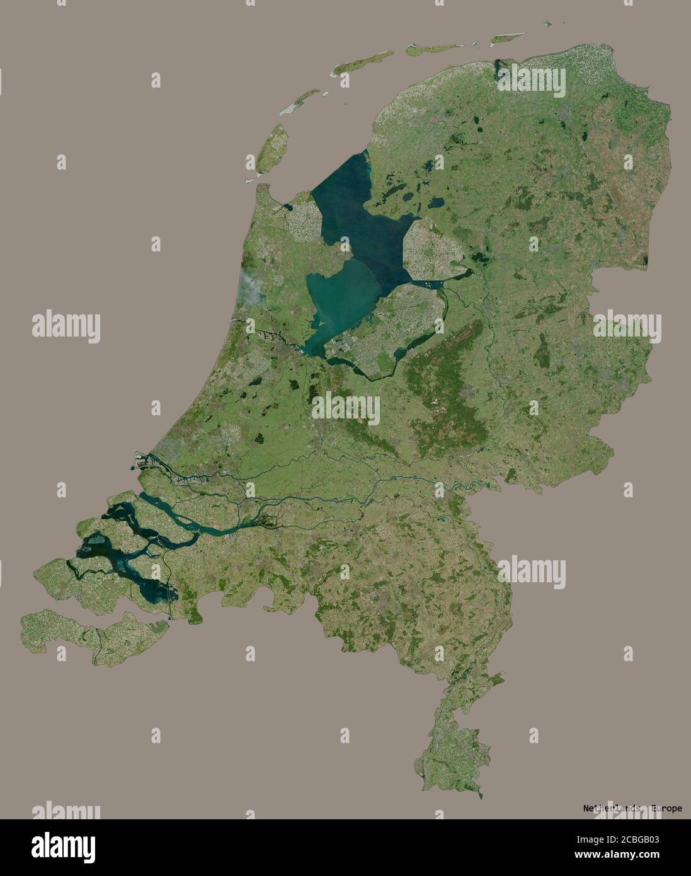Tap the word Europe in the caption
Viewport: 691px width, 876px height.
coord(666,809)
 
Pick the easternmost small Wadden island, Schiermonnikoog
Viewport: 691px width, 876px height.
coord(507,38)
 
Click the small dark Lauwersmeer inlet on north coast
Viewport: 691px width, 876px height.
coord(501,66)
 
